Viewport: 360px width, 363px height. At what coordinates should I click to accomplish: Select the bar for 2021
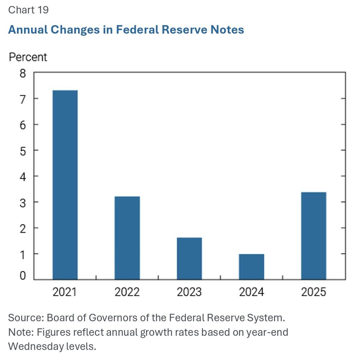coord(65,185)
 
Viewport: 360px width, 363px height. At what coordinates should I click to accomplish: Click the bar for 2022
coord(127,238)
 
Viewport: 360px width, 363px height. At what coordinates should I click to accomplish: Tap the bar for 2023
coord(189,259)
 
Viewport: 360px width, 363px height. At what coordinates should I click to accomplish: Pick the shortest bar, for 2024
coord(251,267)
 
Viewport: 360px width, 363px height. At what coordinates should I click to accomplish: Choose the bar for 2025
coord(313,236)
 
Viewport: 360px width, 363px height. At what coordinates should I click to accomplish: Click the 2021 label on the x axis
coord(64,292)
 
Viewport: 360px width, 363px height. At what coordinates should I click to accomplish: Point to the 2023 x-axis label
coord(189,292)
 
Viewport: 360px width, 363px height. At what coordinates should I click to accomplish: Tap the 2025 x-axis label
coord(313,292)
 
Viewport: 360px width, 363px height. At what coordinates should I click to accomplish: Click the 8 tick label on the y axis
coord(23,73)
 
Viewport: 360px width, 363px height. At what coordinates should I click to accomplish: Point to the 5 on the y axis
coord(23,151)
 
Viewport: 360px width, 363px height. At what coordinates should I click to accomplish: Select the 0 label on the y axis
coord(23,276)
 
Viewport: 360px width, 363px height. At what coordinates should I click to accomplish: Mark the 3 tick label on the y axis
coord(23,203)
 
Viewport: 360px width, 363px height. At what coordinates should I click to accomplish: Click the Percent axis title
coord(28,57)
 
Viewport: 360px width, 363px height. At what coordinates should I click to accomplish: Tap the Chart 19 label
coord(28,10)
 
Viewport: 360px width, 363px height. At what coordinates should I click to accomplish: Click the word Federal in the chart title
coord(137,30)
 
